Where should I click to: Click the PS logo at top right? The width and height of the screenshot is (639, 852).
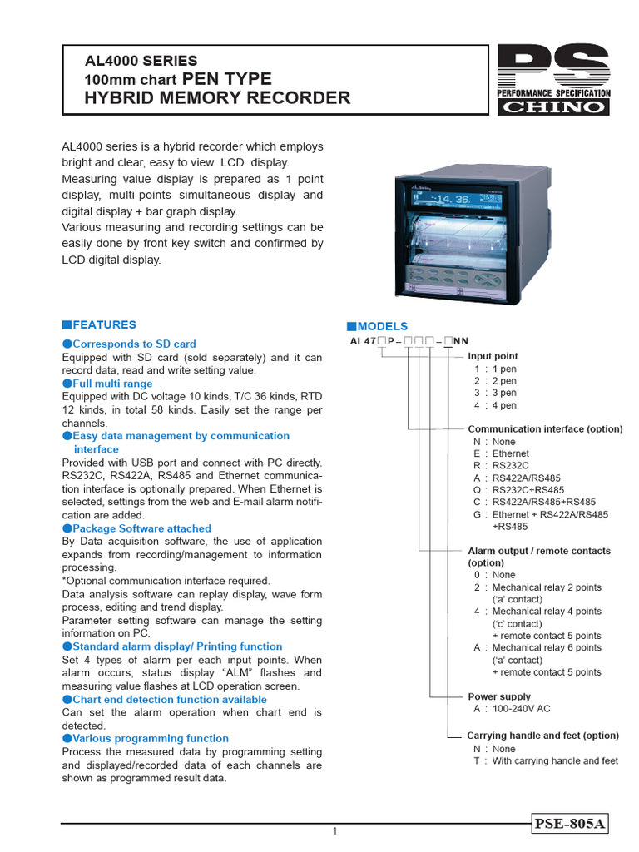coord(553,80)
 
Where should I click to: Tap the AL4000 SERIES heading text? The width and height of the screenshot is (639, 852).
coord(141,61)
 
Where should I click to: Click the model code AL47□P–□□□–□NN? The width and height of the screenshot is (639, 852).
coord(409,341)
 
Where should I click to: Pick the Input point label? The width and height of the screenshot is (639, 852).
coord(493,356)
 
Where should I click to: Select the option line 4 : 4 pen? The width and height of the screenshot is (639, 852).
coord(495,405)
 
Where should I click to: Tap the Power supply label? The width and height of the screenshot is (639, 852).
coord(499,696)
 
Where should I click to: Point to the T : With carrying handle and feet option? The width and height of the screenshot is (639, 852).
coord(546,760)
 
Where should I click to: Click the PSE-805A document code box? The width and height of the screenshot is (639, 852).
coord(571,824)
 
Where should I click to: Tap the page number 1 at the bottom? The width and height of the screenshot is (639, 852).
coord(334,831)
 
